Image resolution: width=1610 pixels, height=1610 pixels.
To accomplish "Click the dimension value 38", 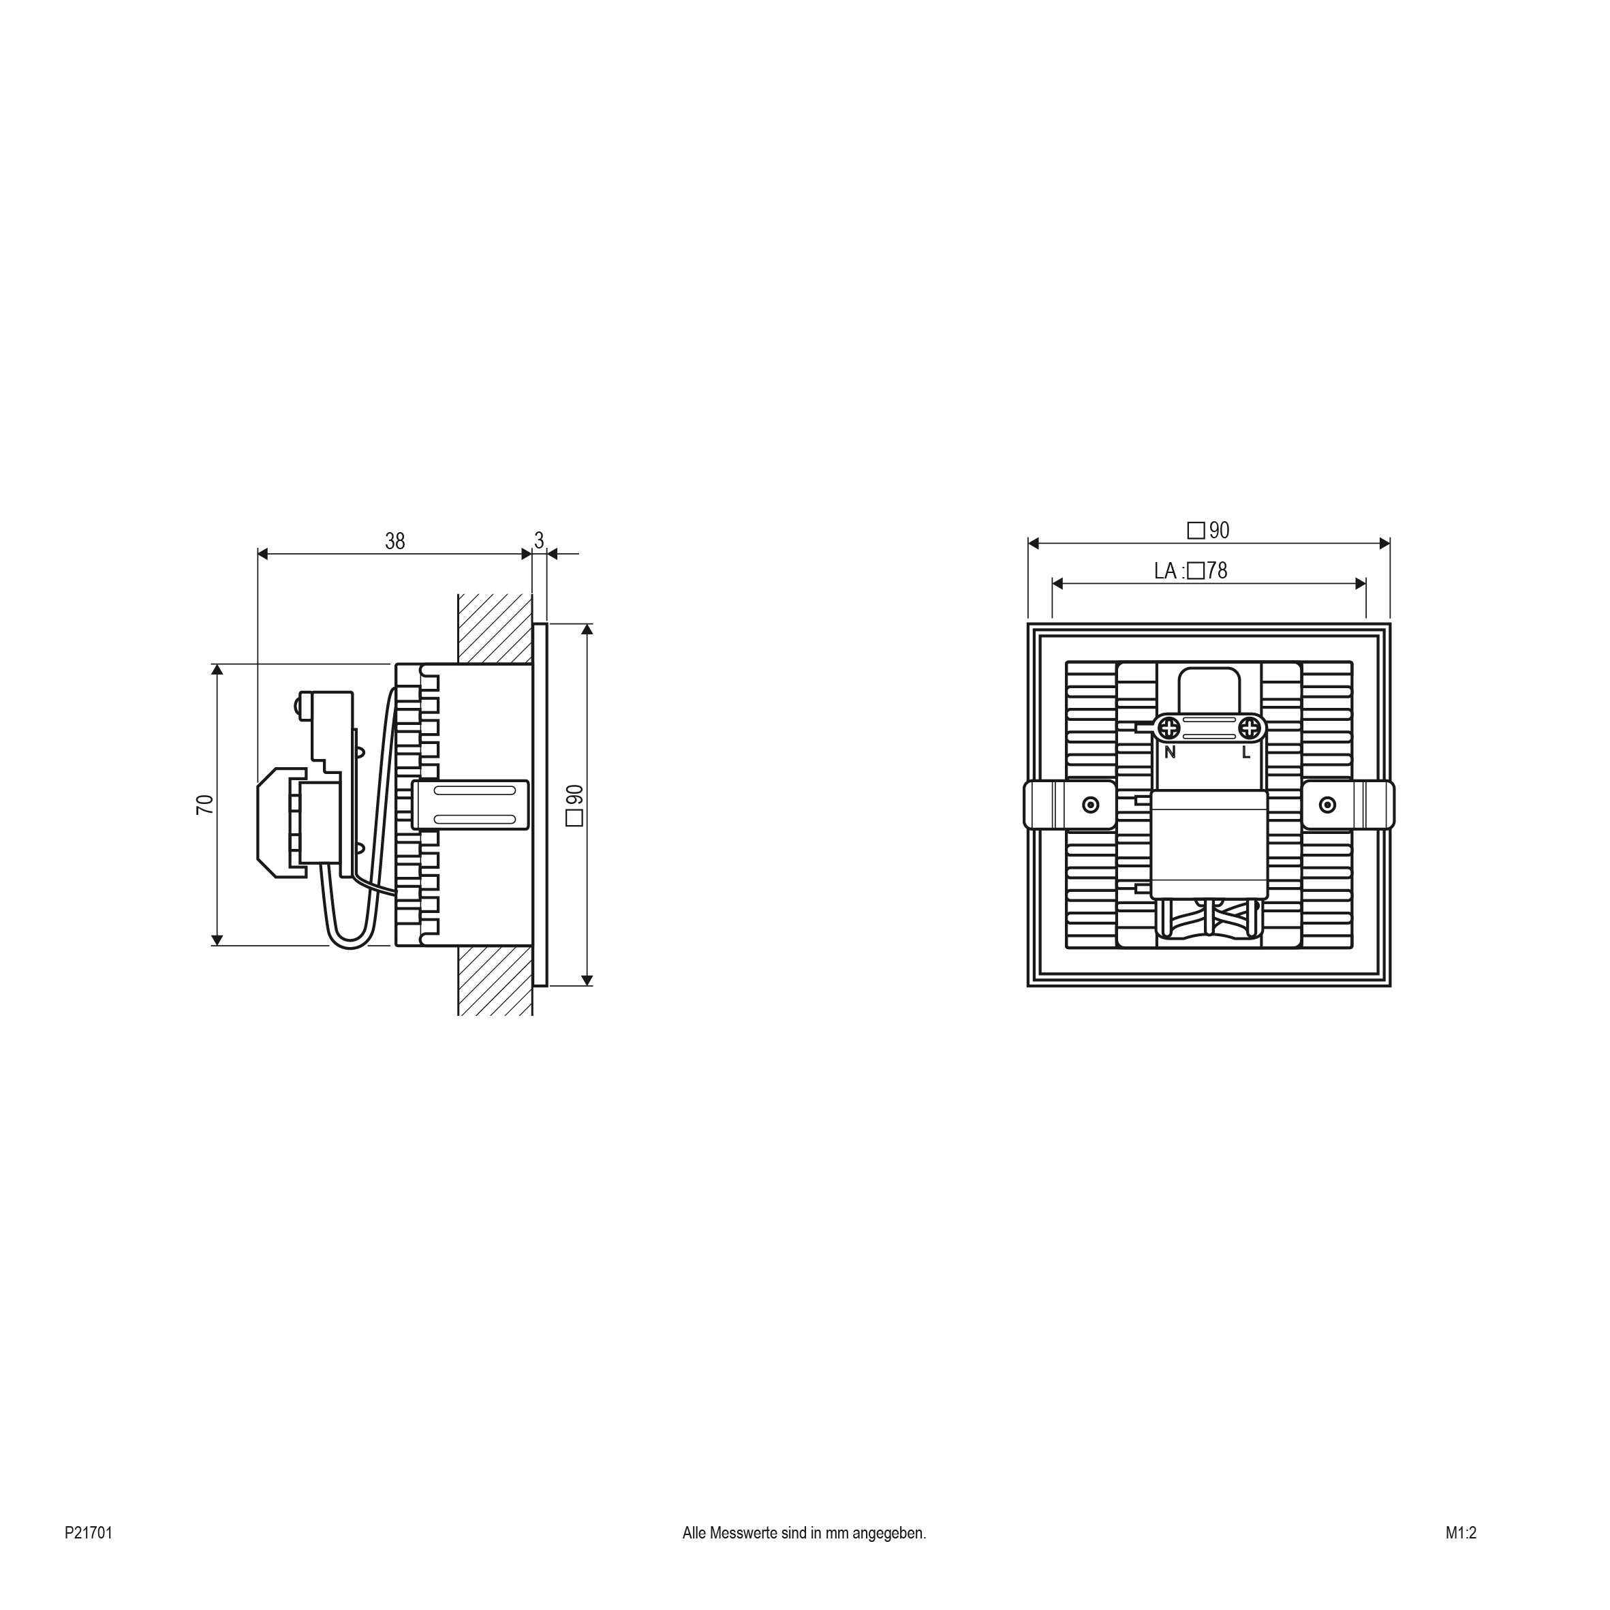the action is coord(395,542).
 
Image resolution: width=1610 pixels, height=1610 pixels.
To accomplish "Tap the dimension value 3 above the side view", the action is coord(539,541).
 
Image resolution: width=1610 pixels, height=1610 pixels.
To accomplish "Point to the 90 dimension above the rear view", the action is coord(1208,531).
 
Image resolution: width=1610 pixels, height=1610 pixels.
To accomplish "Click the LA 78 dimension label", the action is coord(1191,571).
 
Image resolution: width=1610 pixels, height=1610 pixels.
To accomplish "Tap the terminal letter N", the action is coord(1170,752).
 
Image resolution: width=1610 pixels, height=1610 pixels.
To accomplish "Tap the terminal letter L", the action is coord(1246,752).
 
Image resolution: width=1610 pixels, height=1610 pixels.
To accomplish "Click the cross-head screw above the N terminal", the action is coord(1170,728).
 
